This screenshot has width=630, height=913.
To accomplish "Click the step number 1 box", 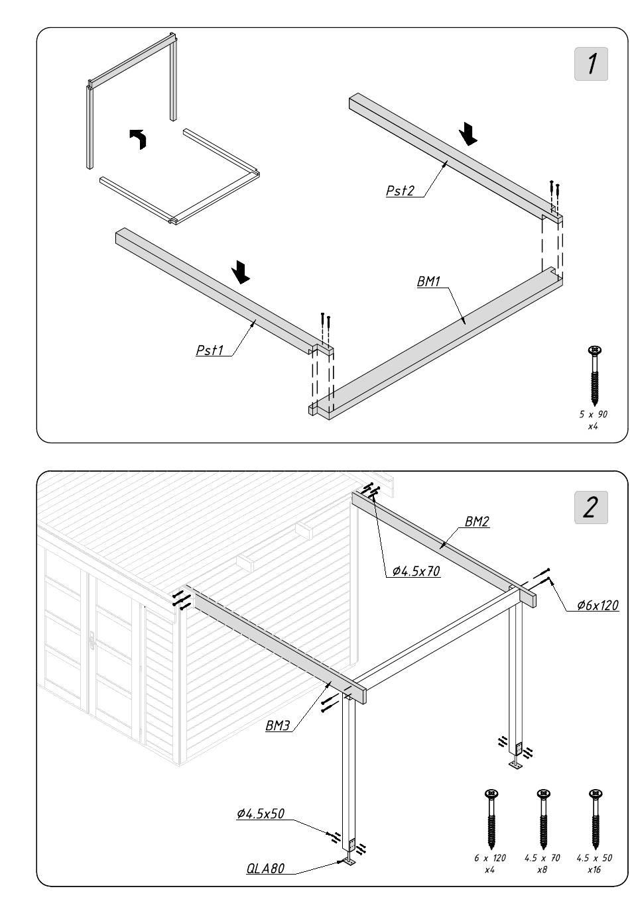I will click(x=591, y=64).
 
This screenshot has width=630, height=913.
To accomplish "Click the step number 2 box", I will click(x=591, y=507).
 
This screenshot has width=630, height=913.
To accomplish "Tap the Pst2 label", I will click(x=401, y=191).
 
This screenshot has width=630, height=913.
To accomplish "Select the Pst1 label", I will click(x=210, y=350).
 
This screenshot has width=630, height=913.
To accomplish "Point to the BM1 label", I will click(x=428, y=282).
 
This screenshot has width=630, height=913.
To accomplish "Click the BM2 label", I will click(x=477, y=521).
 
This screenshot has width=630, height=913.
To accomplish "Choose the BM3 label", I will click(x=278, y=725).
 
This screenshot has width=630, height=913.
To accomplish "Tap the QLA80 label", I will click(x=265, y=869).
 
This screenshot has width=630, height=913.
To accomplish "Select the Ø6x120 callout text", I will click(x=598, y=605).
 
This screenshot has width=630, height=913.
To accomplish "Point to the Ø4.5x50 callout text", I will click(x=261, y=814).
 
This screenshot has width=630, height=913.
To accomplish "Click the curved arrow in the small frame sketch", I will click(x=139, y=138).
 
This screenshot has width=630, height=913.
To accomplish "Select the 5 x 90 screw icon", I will click(x=594, y=375).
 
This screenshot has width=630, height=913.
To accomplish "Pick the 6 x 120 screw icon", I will click(x=491, y=819).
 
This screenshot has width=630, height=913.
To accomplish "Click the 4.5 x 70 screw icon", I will click(x=542, y=819).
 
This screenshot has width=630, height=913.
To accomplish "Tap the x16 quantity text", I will click(x=594, y=869).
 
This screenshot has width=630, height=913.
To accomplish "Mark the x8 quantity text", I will click(x=542, y=869).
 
